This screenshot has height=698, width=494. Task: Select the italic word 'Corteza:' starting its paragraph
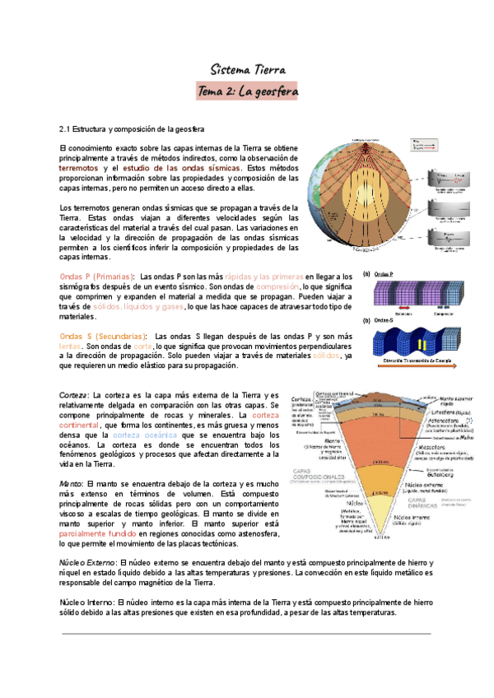pyautogui.click(x=75, y=396)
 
